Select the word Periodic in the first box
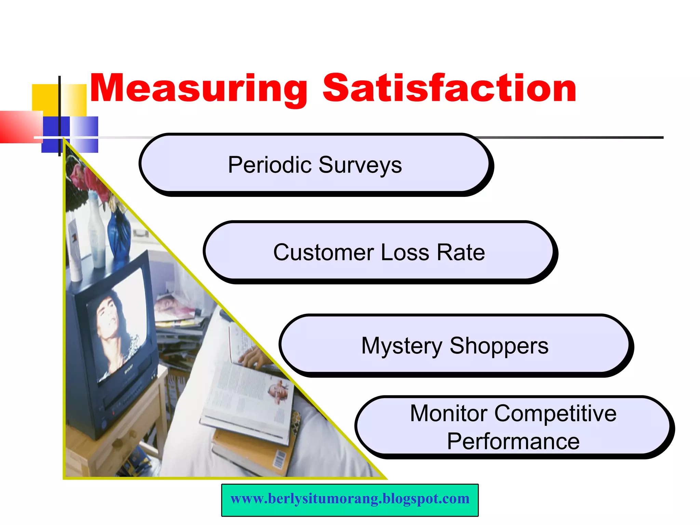point(270,165)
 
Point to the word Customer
point(323,253)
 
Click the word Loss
point(405,253)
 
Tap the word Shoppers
point(499,346)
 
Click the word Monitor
point(448,413)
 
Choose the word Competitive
point(555,413)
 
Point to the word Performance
point(513,441)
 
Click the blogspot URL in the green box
point(350,499)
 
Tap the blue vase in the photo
point(119,236)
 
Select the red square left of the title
point(21,126)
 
